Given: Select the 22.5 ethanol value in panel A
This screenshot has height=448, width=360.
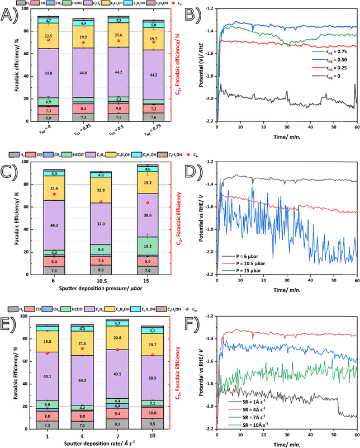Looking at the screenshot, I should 48,35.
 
